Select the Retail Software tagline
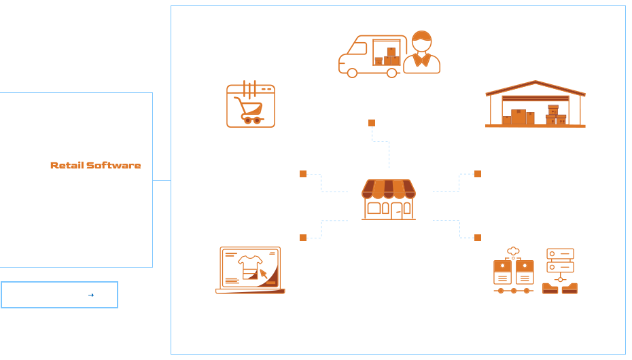click(x=96, y=165)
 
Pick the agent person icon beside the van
click(x=421, y=52)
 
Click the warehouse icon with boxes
click(x=535, y=107)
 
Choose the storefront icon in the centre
click(x=387, y=199)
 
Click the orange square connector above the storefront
click(x=372, y=123)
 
